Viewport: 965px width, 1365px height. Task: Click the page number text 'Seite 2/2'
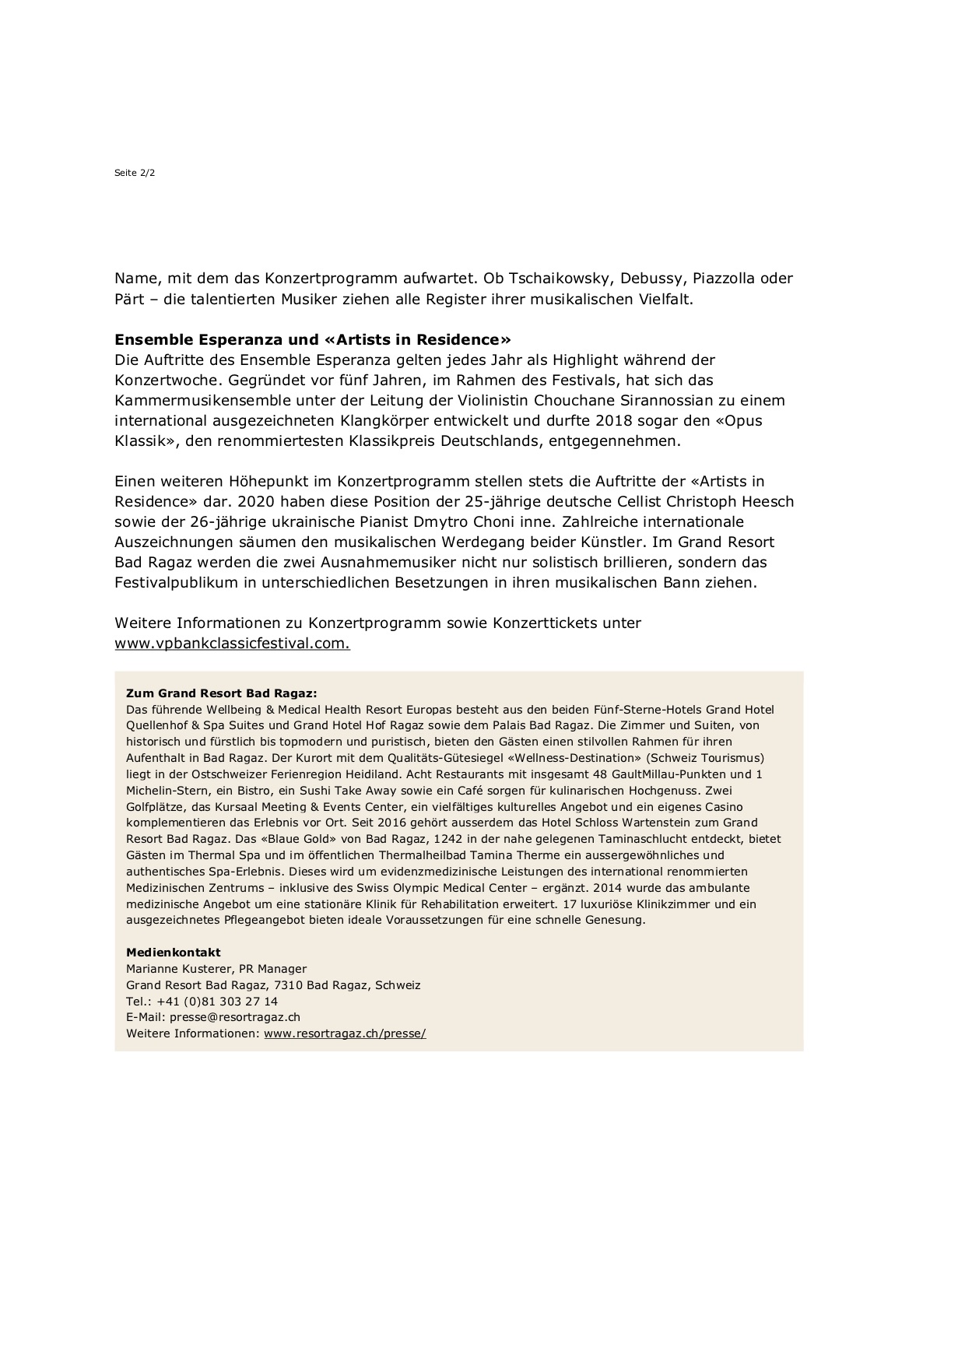[x=135, y=173]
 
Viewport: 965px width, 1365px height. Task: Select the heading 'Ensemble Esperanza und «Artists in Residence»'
[x=313, y=340]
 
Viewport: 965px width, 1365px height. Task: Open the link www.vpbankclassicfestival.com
[x=232, y=644]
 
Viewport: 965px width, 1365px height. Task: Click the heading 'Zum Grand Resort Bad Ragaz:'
[x=222, y=693]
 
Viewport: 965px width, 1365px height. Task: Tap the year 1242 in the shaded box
[x=447, y=839]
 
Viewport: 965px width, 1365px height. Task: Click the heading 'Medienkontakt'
[x=174, y=953]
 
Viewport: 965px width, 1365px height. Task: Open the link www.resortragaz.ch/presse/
[x=345, y=1033]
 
